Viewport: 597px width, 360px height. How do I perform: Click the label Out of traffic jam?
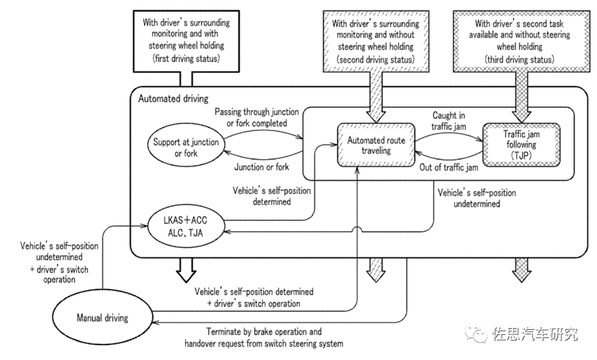coord(449,168)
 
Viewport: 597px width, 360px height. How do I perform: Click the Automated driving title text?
coord(173,98)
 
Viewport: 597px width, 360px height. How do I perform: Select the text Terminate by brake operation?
coord(264,332)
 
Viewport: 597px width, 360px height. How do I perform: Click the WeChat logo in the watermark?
coord(480,334)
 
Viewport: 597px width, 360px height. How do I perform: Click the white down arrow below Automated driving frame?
coord(185,269)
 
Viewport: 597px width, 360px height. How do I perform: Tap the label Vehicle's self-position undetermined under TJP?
coord(477,198)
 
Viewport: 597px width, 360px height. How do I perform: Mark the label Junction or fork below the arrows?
coord(262,167)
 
